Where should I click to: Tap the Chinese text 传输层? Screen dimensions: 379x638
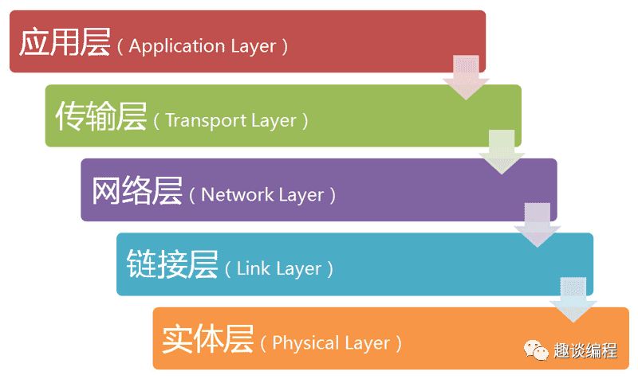pos(100,117)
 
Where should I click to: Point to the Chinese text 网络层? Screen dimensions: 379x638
pos(136,192)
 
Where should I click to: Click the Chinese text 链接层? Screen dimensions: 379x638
pos(172,265)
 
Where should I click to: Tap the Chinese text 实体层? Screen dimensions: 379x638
pos(208,340)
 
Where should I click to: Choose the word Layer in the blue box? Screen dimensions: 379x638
pos(298,268)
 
